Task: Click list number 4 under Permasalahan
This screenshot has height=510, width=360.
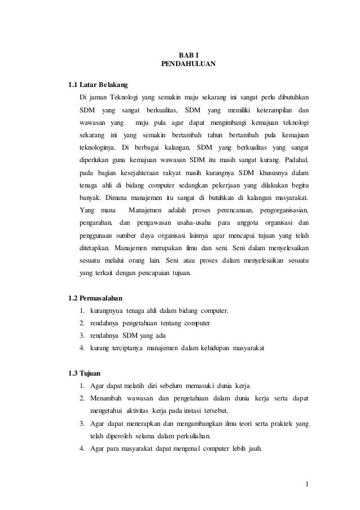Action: coord(82,348)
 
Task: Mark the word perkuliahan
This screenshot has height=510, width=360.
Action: coord(188,437)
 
